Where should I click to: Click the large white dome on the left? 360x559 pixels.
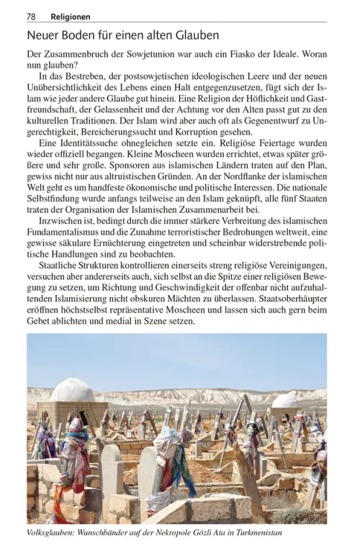pyautogui.click(x=73, y=391)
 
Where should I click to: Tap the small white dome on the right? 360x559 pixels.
pyautogui.click(x=284, y=401)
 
